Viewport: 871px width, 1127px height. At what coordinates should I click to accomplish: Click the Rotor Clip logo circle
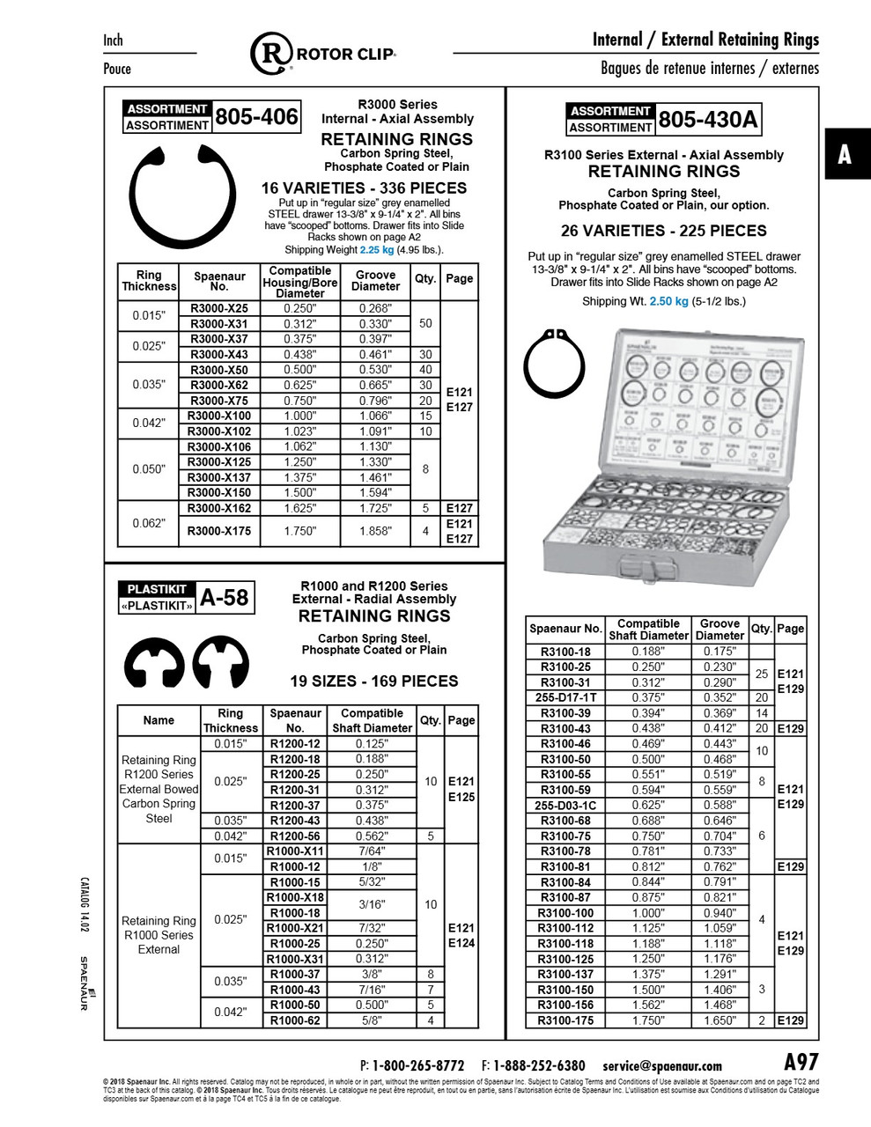pyautogui.click(x=271, y=54)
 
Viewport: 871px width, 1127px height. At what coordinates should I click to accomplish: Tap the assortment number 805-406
pyautogui.click(x=256, y=116)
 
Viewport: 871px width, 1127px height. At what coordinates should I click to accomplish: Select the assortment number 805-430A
pyautogui.click(x=707, y=119)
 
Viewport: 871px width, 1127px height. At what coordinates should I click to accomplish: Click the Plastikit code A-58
pyautogui.click(x=225, y=598)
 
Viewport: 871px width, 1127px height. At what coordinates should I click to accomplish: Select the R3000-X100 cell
pyautogui.click(x=218, y=416)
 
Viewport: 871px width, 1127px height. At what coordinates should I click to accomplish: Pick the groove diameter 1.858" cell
pyautogui.click(x=375, y=531)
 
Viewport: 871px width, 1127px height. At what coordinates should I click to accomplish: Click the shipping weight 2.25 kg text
pyautogui.click(x=376, y=249)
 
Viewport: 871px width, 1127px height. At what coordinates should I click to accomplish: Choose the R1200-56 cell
pyautogui.click(x=295, y=836)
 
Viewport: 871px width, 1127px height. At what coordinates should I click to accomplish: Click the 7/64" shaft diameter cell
pyautogui.click(x=371, y=851)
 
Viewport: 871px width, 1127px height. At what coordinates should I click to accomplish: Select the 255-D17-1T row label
pyautogui.click(x=565, y=697)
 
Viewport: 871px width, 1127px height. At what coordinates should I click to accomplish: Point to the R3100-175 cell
pyautogui.click(x=565, y=1020)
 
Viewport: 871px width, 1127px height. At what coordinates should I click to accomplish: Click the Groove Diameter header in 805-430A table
pyautogui.click(x=720, y=629)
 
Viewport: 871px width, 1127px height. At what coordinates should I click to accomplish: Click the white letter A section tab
pyautogui.click(x=845, y=154)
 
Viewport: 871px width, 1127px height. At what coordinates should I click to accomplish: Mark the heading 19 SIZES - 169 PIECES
pyautogui.click(x=374, y=681)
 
